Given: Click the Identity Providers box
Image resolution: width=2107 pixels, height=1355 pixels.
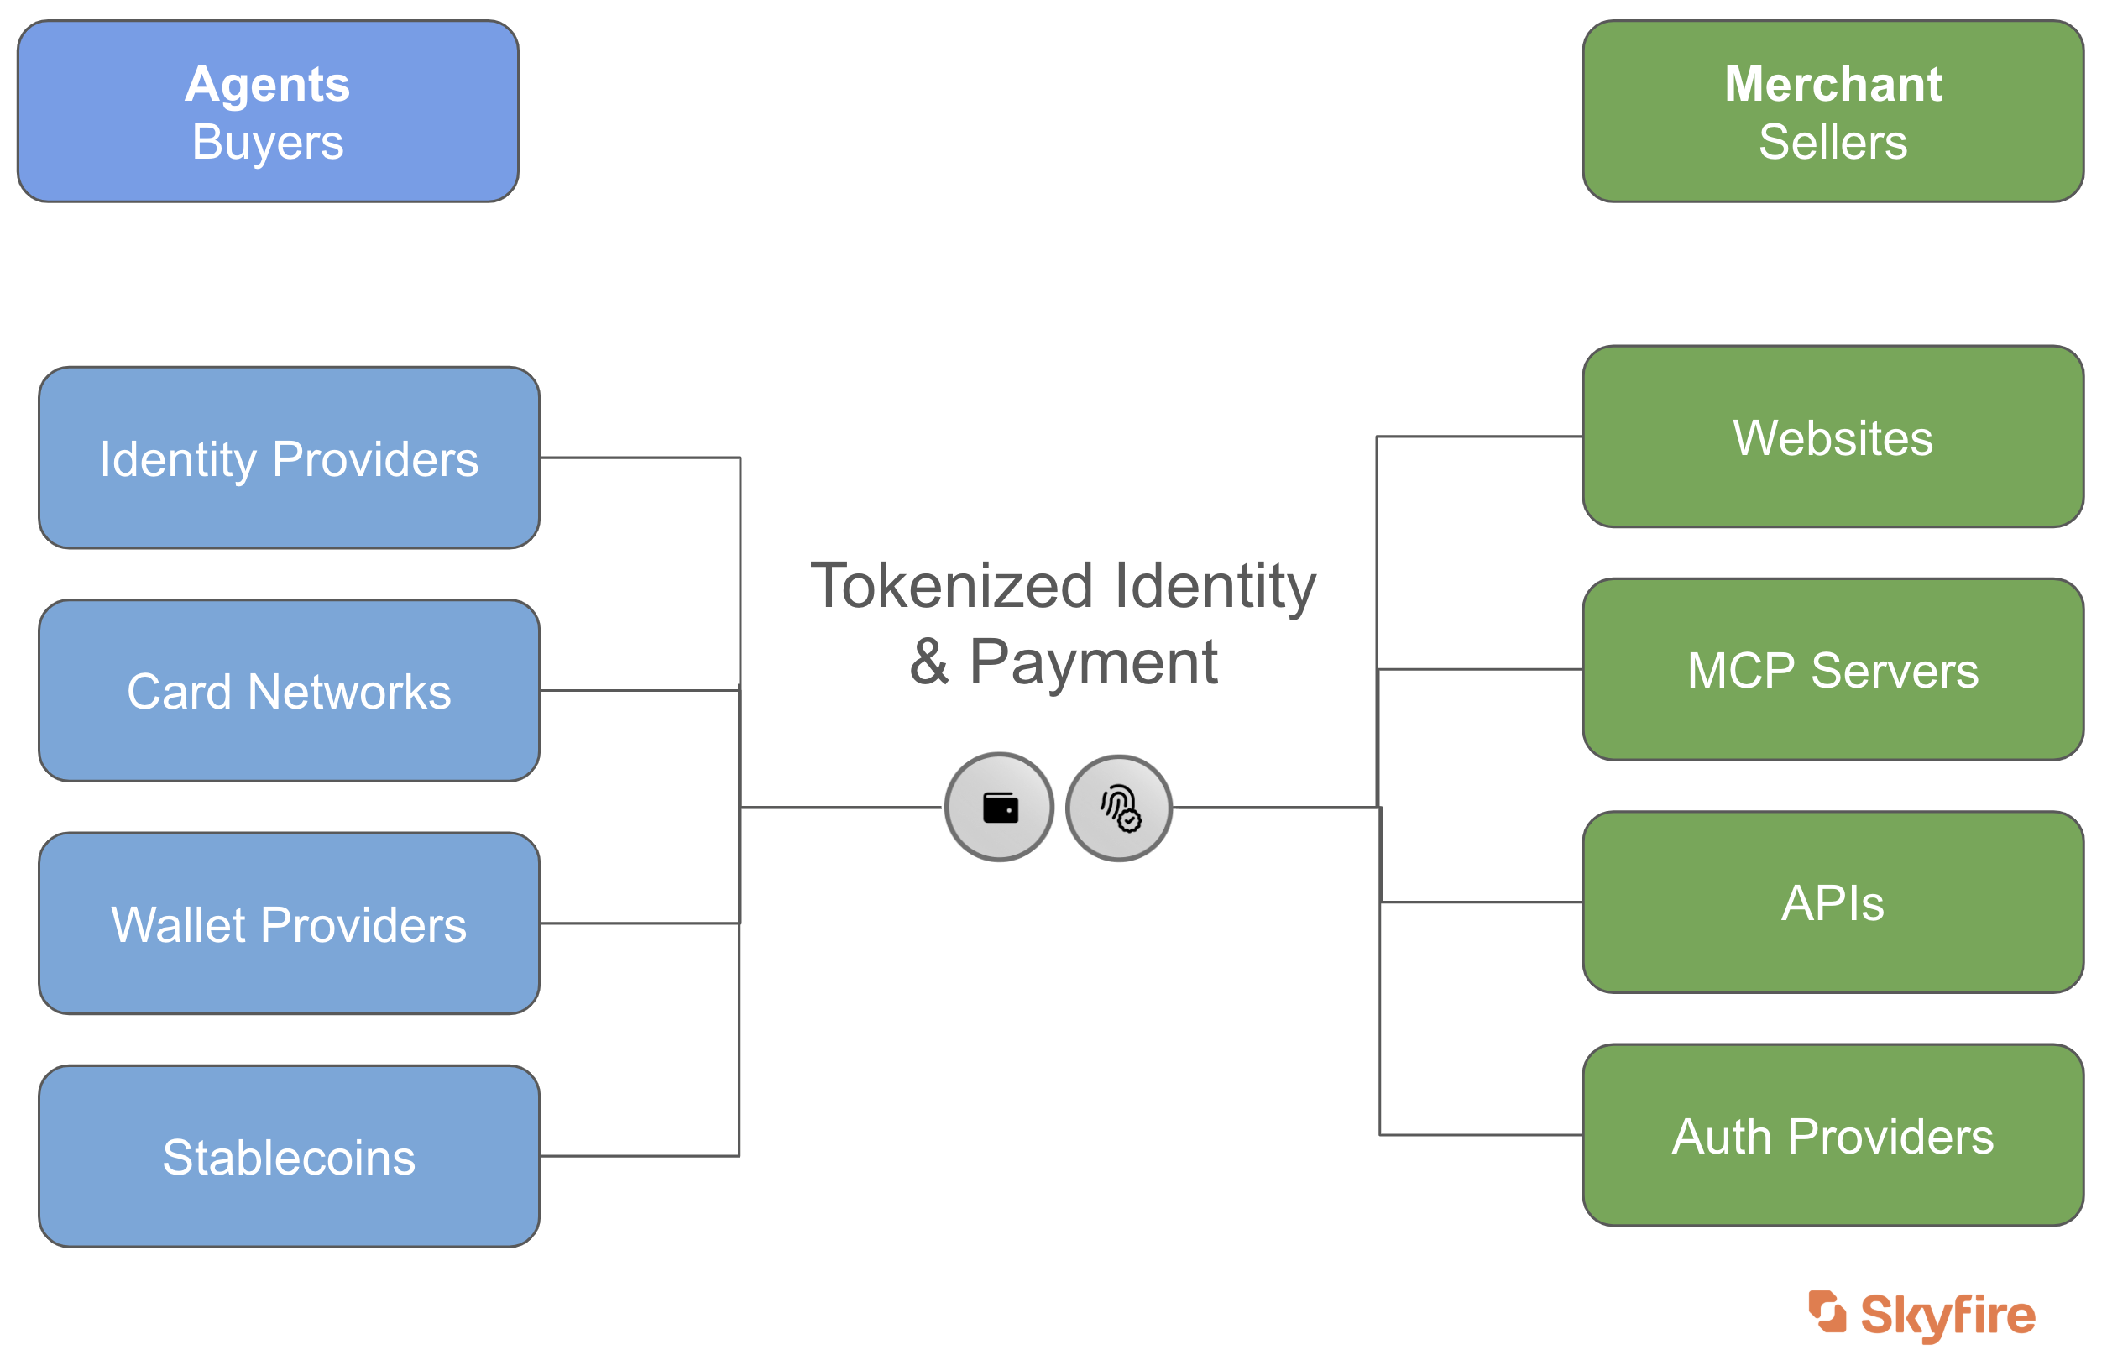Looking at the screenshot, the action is tap(290, 458).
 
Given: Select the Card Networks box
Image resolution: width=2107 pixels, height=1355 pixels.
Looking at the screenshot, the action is tap(290, 691).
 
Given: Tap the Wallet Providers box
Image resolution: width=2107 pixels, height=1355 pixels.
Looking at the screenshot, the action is tap(290, 923).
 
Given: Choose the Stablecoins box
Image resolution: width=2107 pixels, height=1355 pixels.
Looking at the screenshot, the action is tap(290, 1156).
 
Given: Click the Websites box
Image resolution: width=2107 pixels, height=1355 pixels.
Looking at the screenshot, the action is tap(1833, 437).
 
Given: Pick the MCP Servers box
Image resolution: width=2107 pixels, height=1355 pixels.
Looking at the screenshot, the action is tap(1833, 670).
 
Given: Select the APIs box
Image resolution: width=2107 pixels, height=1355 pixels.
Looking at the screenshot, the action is tap(1833, 902).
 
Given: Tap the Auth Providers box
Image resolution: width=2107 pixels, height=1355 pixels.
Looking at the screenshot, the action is tap(1833, 1135).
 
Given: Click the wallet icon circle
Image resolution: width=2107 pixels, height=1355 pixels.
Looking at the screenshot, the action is tap(1000, 807).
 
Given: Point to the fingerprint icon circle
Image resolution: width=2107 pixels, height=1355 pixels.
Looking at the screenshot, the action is tap(1119, 808).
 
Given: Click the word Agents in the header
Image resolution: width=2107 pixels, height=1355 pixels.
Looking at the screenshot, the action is tap(268, 86).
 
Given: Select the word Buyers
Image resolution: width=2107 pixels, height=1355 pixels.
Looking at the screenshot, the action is tap(268, 143).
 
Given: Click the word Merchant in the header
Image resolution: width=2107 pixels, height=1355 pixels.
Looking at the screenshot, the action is tap(1833, 85).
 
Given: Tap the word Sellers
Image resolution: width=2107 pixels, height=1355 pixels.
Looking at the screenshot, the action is tap(1833, 143).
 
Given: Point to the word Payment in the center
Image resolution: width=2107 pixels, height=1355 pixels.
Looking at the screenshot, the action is tap(1094, 662).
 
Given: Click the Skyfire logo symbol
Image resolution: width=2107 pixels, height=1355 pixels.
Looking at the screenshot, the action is tap(1827, 1312).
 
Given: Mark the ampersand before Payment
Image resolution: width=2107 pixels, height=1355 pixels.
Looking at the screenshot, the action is tap(930, 662).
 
